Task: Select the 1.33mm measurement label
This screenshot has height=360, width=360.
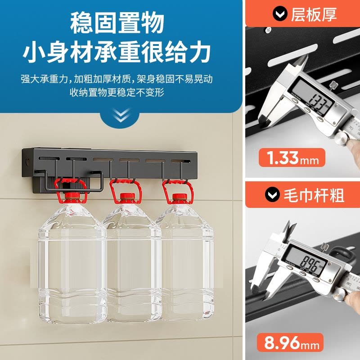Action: click(x=292, y=157)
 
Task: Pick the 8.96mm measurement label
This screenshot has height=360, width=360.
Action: click(x=290, y=342)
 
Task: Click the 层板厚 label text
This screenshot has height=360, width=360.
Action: click(x=314, y=14)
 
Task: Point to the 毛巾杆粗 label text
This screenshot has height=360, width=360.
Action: click(x=314, y=196)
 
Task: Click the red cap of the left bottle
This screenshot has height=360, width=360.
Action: click(x=72, y=196)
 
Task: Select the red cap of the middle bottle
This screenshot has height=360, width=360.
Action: click(x=127, y=196)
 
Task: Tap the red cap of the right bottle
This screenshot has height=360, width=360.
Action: click(x=180, y=197)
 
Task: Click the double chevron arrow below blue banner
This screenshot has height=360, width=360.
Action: click(x=121, y=115)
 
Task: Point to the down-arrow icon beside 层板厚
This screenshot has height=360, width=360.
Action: click(x=280, y=14)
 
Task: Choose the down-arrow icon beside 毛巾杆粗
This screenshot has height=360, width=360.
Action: click(x=273, y=195)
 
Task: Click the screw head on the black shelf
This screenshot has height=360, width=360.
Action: click(x=268, y=30)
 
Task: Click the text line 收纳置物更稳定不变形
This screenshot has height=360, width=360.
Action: click(x=117, y=92)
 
